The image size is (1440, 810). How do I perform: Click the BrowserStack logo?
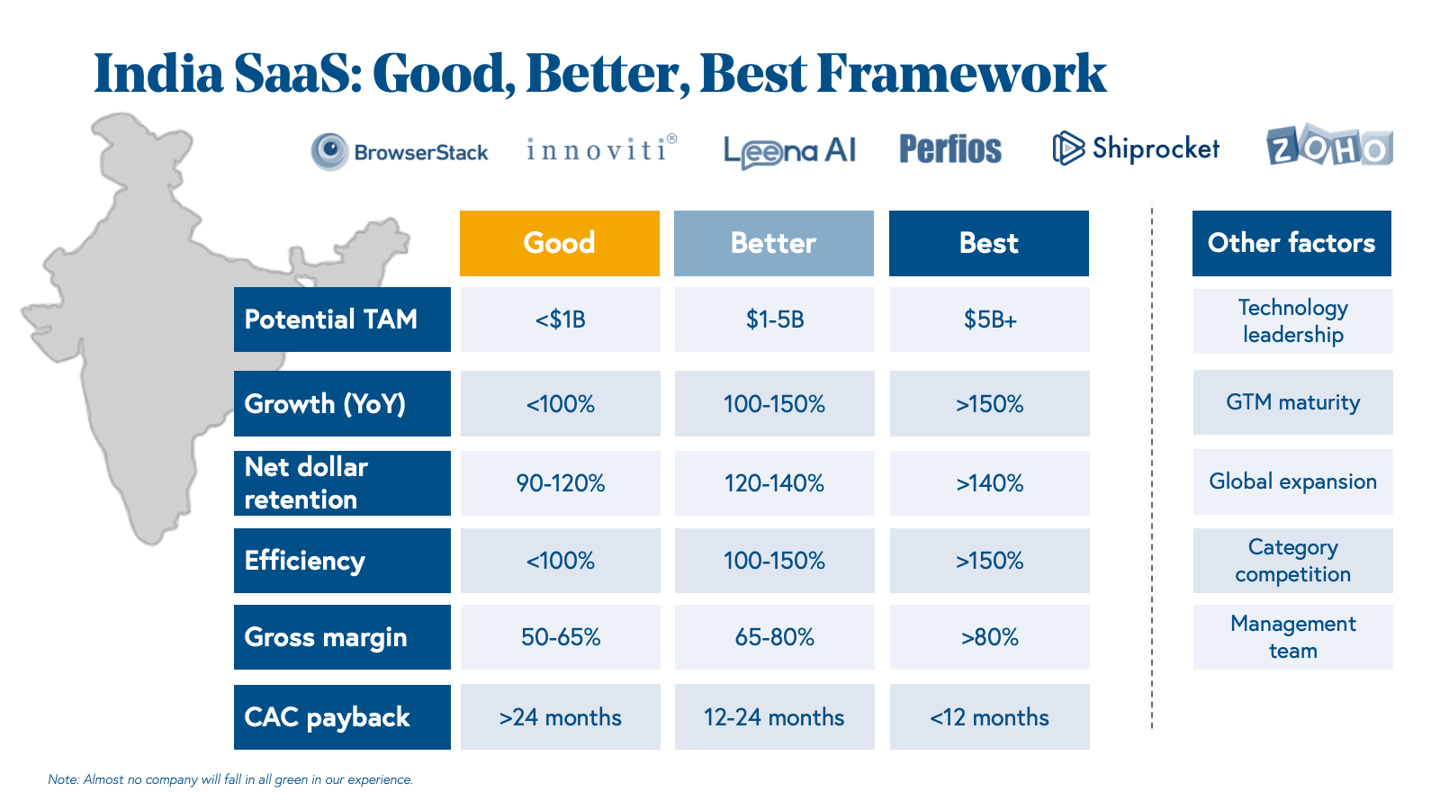[400, 151]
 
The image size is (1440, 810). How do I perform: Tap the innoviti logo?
[601, 148]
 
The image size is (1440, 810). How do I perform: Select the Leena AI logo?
[789, 151]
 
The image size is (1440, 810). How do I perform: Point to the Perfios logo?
[950, 149]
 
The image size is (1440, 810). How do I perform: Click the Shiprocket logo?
[1136, 148]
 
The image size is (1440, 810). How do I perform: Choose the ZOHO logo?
[1329, 147]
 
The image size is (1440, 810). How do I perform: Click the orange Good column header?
[559, 243]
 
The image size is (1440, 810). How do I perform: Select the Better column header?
[773, 243]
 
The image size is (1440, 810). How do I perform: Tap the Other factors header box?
[1291, 243]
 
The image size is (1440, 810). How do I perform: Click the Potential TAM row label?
[342, 319]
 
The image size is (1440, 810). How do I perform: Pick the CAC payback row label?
[342, 717]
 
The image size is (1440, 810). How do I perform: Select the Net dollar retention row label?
[342, 483]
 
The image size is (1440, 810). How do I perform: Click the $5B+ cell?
[989, 319]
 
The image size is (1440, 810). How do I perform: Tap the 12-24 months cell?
[774, 717]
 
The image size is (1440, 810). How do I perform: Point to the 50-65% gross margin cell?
[560, 637]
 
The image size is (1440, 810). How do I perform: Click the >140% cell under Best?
[989, 483]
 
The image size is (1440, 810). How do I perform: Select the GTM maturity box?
[1292, 402]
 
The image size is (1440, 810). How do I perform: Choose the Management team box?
[1292, 637]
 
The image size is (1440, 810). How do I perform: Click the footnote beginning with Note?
[230, 779]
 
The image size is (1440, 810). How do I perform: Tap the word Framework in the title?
[961, 74]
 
